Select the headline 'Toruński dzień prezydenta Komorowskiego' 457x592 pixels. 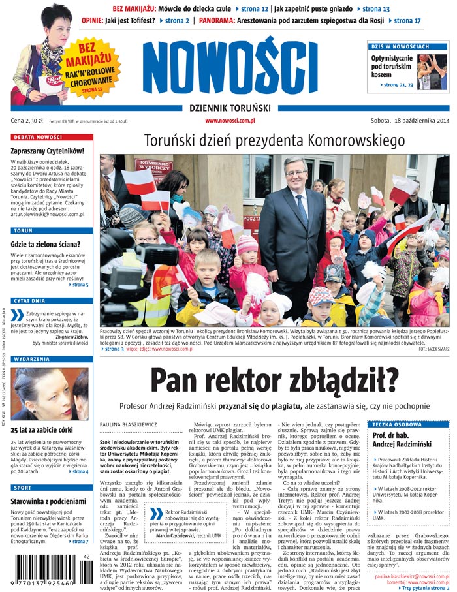274,141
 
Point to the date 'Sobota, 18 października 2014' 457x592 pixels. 410,121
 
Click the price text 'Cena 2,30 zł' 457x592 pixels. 29,121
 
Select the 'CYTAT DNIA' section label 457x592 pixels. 30,300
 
